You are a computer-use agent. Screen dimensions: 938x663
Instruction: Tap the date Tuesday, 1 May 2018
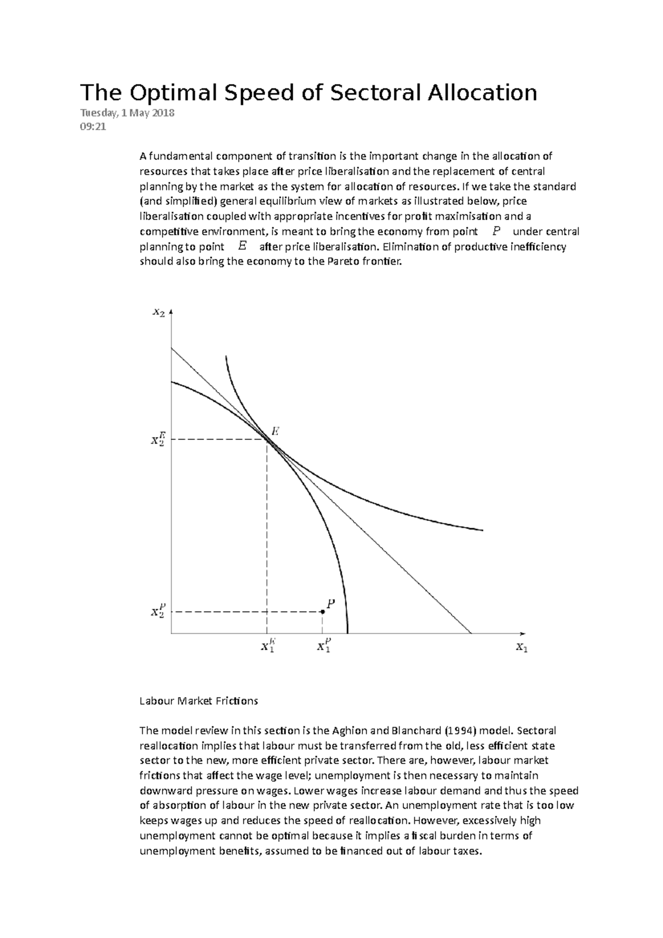pos(127,113)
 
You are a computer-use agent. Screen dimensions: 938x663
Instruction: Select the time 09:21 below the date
pos(92,127)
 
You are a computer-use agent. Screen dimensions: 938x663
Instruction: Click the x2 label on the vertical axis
pos(158,313)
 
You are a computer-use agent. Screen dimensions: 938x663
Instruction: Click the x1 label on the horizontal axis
pos(522,647)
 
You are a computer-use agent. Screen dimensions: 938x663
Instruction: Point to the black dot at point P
pos(323,612)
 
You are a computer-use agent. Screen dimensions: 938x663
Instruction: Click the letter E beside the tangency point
pos(274,431)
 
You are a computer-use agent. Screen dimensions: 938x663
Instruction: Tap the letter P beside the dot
pos(330,604)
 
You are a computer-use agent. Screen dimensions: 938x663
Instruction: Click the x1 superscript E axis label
pos(268,645)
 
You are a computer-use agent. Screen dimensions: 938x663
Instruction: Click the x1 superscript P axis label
pos(324,645)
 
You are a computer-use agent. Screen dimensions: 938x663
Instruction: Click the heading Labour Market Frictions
pos(198,701)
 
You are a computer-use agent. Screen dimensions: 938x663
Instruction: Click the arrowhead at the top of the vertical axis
pos(171,312)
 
